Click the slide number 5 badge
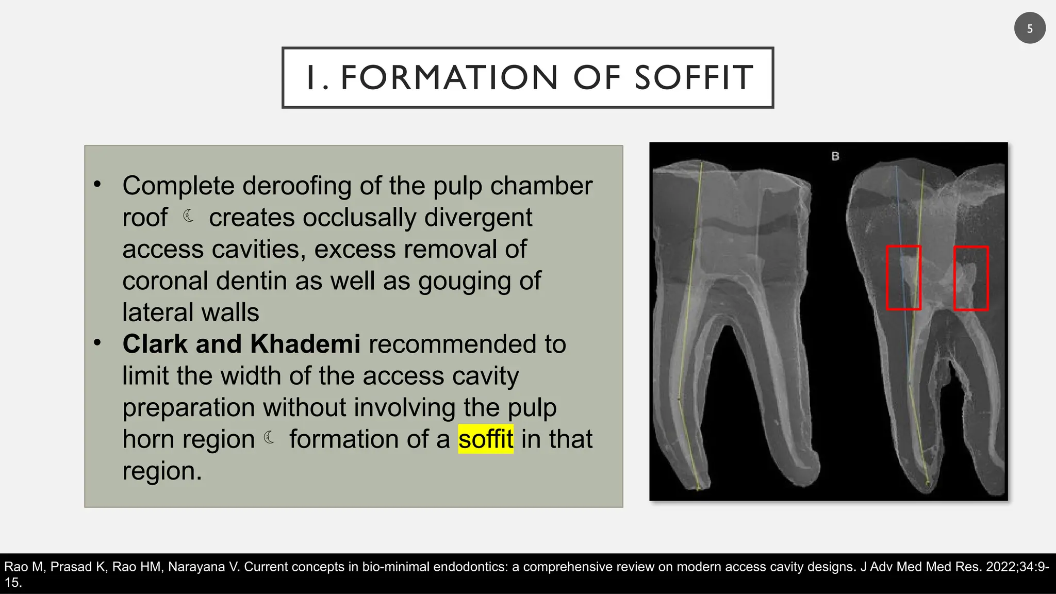[x=1029, y=28]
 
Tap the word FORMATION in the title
[x=450, y=78]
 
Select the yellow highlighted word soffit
[x=486, y=439]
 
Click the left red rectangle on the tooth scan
[x=903, y=278]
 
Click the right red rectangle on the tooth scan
[x=971, y=278]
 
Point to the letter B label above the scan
[x=835, y=156]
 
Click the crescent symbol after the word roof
[x=189, y=216]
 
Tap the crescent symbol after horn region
[x=269, y=438]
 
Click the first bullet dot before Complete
[x=97, y=184]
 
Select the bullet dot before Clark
[x=97, y=342]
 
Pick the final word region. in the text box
[x=162, y=471]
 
